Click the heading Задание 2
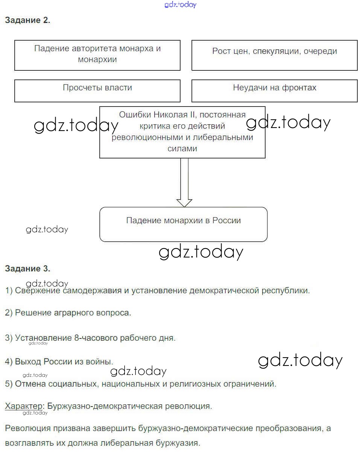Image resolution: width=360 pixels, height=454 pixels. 27,21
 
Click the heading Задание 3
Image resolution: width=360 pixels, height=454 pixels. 27,269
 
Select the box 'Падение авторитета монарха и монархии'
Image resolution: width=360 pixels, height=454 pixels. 97,55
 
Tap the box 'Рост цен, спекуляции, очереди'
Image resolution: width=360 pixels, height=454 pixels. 275,55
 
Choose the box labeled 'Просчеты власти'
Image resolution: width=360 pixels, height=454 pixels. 97,90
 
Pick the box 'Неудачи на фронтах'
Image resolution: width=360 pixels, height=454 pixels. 275,90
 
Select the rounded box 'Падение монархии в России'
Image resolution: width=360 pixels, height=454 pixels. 183,224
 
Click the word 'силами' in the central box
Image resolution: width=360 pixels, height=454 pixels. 182,149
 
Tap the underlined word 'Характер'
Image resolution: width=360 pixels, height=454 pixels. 24,406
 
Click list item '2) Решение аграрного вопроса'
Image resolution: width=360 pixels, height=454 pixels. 68,313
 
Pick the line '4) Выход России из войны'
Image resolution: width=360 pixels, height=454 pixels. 59,362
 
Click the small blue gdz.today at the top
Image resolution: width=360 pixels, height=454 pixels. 181,5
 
